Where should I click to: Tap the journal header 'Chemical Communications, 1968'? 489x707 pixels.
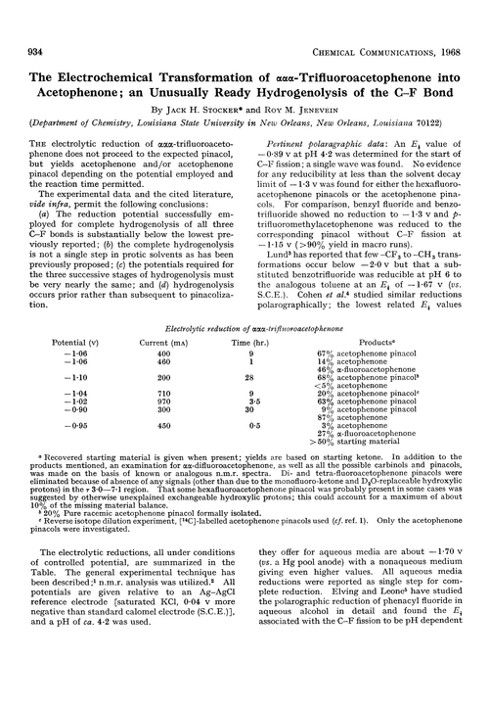(x=390, y=13)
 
